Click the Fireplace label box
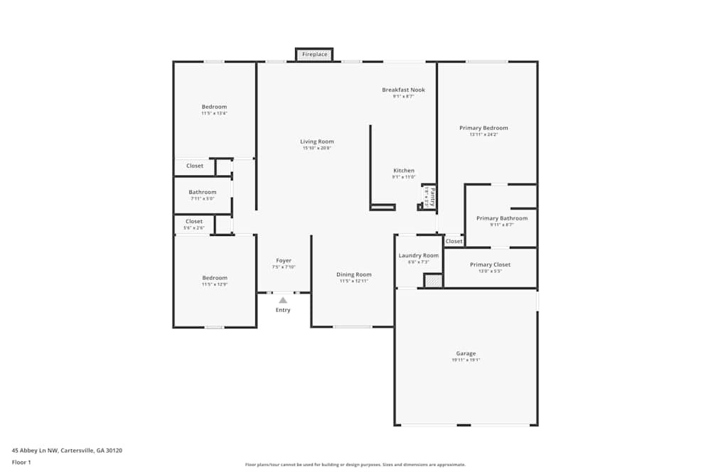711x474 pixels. pyautogui.click(x=314, y=55)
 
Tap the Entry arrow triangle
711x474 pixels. pyautogui.click(x=283, y=301)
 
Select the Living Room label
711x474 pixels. pyautogui.click(x=317, y=141)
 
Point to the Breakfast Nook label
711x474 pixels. pyautogui.click(x=403, y=90)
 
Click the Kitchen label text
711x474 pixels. pyautogui.click(x=404, y=171)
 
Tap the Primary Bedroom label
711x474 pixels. pyautogui.click(x=483, y=128)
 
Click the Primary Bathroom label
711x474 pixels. pyautogui.click(x=502, y=218)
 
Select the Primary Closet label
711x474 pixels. pyautogui.click(x=490, y=265)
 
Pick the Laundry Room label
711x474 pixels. pyautogui.click(x=419, y=256)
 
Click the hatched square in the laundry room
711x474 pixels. pyautogui.click(x=433, y=281)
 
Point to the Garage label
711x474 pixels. pyautogui.click(x=466, y=354)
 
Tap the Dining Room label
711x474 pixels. pyautogui.click(x=353, y=274)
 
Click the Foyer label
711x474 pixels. pyautogui.click(x=284, y=261)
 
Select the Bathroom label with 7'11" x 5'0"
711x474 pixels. pyautogui.click(x=203, y=193)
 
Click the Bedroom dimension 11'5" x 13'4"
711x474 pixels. pyautogui.click(x=214, y=114)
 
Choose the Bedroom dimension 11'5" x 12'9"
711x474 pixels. pyautogui.click(x=214, y=284)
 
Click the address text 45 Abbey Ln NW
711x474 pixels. pyautogui.click(x=36, y=450)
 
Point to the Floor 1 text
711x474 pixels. pyautogui.click(x=21, y=462)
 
